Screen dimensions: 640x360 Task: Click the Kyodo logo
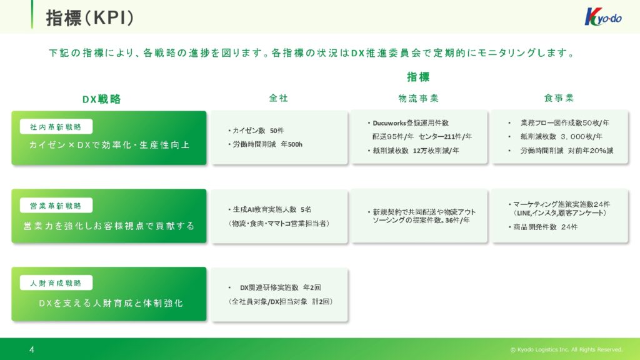tap(603, 17)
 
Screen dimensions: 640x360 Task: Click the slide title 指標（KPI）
tap(90, 18)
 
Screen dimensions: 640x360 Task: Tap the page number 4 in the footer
tap(32, 349)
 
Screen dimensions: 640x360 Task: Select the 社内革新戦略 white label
tap(56, 127)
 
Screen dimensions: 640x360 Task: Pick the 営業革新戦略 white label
tap(56, 205)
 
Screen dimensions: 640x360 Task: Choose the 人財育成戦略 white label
tap(56, 283)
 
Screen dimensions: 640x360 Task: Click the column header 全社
tap(278, 98)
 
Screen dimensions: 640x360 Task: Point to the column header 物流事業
tap(418, 98)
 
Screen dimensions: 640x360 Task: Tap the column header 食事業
tap(559, 98)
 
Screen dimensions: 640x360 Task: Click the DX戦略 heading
tap(102, 99)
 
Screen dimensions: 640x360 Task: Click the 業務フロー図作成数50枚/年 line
tap(564, 123)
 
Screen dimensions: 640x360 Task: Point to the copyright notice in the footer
tap(566, 350)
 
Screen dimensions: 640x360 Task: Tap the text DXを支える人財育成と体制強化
tap(111, 303)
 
